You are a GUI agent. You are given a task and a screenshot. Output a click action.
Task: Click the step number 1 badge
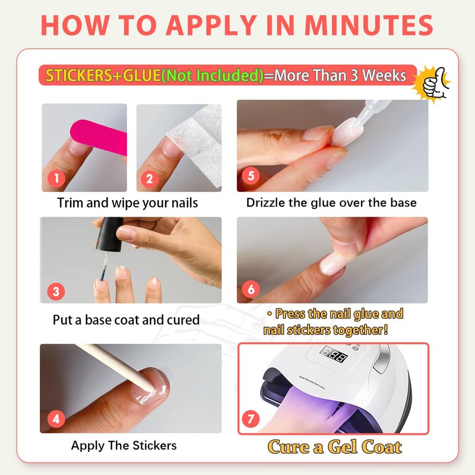[56, 178]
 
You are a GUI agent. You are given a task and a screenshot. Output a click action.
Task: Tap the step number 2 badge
[150, 179]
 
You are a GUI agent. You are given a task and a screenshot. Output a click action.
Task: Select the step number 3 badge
[56, 292]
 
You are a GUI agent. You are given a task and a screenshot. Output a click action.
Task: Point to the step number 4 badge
[56, 419]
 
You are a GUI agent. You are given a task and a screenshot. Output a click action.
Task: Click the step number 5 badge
[251, 176]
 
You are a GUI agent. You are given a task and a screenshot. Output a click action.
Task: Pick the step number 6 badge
[251, 289]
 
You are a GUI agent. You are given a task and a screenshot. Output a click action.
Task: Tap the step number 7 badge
[251, 419]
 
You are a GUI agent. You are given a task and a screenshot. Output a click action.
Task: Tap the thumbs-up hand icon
[434, 83]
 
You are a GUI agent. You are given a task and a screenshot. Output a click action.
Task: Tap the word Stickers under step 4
[154, 445]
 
